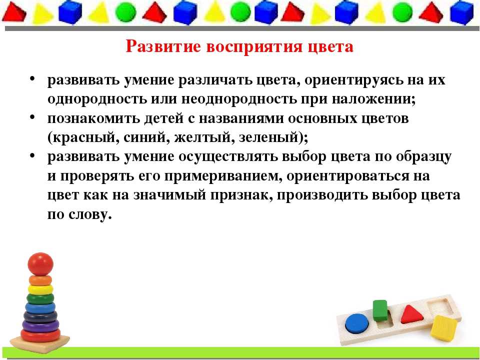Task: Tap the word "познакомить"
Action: click(93, 118)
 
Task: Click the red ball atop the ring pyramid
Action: click(40, 264)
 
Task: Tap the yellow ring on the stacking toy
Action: click(40, 289)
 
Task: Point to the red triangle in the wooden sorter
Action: click(411, 314)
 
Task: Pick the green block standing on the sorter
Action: click(380, 310)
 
